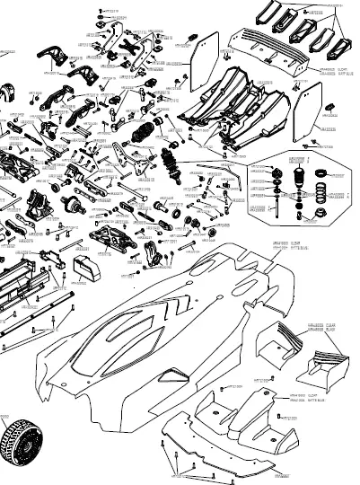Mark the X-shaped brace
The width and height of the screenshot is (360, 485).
point(135,41)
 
